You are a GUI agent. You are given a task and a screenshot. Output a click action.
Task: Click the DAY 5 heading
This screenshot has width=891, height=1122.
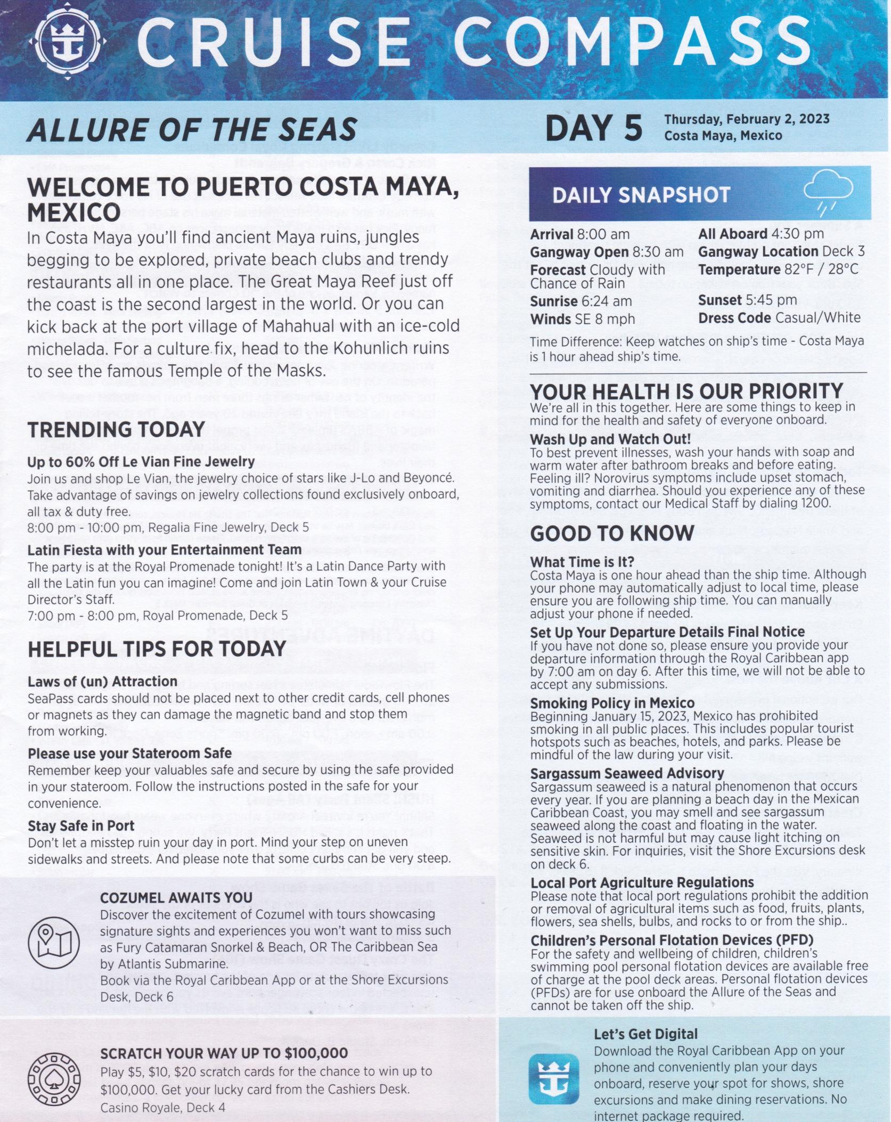(593, 129)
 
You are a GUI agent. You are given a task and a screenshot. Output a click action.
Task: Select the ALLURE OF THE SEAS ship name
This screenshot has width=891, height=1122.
(192, 129)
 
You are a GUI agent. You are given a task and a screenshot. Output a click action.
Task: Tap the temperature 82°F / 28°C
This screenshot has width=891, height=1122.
(823, 270)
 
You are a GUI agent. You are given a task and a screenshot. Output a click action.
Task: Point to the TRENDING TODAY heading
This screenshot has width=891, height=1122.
(116, 429)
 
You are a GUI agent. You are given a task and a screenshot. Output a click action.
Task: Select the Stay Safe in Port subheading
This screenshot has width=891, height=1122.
(81, 826)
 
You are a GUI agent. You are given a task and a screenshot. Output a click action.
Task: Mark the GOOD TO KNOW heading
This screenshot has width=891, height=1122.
(612, 534)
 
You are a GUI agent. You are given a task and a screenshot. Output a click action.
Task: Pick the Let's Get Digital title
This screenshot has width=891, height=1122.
(645, 1034)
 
